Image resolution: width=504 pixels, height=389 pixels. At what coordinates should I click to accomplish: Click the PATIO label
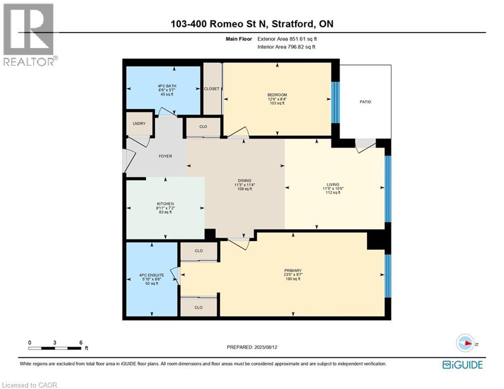(x=365, y=102)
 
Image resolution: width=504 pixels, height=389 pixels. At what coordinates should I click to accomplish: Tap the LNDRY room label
(x=139, y=124)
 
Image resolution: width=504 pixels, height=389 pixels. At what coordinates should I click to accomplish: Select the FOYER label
(x=165, y=156)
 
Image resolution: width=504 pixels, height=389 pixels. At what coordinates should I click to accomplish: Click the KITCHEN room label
(x=165, y=204)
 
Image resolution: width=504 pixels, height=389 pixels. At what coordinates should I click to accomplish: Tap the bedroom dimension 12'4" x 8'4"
(x=277, y=99)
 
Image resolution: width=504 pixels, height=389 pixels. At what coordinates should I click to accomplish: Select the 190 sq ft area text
(x=292, y=279)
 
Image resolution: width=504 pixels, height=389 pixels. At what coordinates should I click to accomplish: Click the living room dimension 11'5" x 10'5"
(x=333, y=188)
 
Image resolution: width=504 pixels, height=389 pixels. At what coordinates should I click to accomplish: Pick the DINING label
(x=245, y=180)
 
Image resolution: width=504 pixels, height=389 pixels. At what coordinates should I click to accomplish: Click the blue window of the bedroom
(x=334, y=102)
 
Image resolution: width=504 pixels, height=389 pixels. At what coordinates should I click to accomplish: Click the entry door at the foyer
(x=127, y=162)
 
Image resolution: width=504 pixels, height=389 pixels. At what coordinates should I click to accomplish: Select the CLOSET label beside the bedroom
(x=212, y=89)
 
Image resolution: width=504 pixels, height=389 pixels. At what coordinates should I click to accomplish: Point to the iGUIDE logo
(x=462, y=364)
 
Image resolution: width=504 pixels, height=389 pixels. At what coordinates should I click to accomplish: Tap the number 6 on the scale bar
(x=81, y=342)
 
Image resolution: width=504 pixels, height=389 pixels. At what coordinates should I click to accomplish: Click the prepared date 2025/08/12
(x=252, y=347)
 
